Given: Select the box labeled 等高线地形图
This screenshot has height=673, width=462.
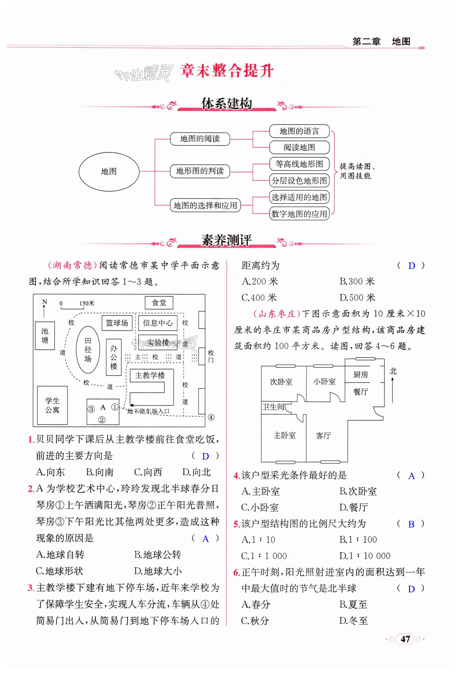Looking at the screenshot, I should point(299,164).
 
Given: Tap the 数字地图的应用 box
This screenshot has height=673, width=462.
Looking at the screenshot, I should point(299,214).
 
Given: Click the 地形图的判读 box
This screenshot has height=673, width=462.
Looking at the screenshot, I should point(200,171).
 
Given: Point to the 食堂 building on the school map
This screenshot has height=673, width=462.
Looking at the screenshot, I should point(159,303).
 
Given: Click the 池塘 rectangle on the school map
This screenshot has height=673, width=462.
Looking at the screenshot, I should point(45,336).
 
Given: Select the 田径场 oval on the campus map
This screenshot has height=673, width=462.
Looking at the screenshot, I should point(88,350).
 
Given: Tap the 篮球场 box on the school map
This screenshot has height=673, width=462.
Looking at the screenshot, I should point(117,323).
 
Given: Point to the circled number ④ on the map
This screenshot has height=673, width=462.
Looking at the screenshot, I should point(211,417).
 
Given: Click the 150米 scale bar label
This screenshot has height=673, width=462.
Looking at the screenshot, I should point(87,303).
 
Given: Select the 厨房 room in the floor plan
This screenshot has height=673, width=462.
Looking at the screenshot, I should point(360,375).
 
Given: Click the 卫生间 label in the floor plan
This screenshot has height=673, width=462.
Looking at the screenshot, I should point(273,407).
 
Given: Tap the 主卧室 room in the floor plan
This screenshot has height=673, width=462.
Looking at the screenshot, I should point(284,435).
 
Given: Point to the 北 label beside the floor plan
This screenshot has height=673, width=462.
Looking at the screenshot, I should point(393,371).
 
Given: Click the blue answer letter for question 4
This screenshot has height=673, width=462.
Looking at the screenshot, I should point(411,476).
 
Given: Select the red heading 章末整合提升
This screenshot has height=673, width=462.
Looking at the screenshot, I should point(227,71).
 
